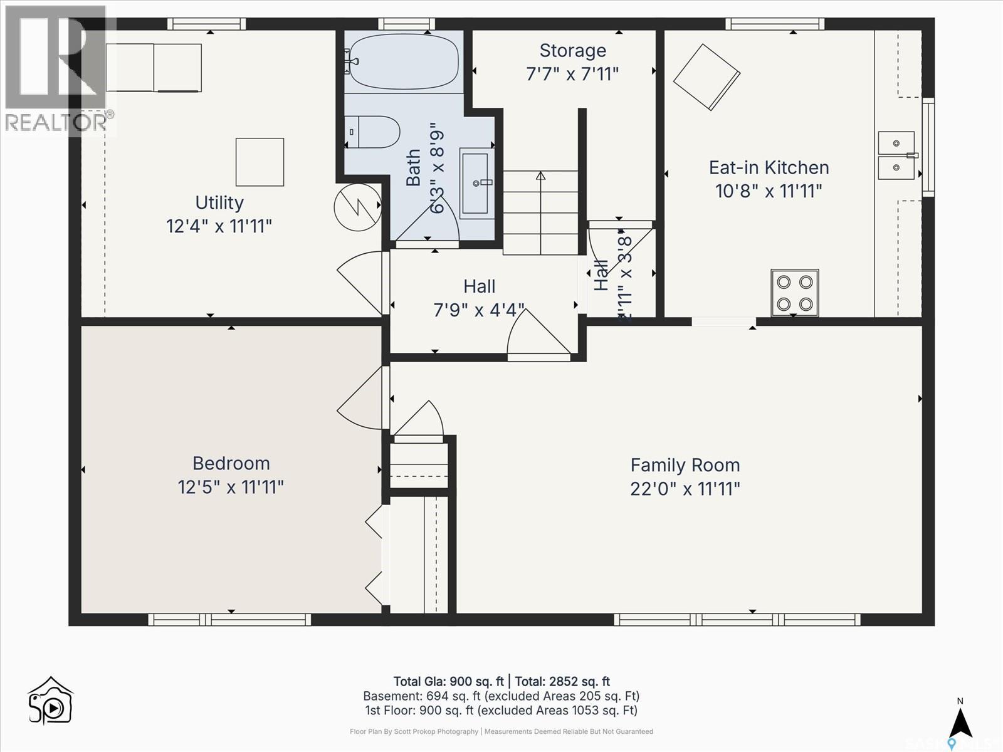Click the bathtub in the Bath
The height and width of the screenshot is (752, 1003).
pos(404,62)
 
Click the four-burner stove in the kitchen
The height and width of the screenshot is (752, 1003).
pos(794,293)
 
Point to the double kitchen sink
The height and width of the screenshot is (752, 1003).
pos(896,155)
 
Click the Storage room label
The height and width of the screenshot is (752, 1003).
pos(572,51)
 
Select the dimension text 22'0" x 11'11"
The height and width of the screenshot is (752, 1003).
pos(685,489)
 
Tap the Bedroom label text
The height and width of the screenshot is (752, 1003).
pos(231,464)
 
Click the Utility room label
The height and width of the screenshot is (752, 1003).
pos(219,203)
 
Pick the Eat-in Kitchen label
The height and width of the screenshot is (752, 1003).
pos(769,168)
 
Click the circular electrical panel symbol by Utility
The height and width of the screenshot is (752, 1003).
pos(357,207)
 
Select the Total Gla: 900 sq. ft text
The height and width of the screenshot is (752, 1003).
pos(448,682)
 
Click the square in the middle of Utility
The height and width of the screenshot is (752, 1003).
pos(260,162)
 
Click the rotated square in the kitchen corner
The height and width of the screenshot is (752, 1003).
pos(706,77)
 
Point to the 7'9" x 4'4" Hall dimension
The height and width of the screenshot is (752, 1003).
pos(479,310)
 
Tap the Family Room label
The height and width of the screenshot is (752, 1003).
pos(685,466)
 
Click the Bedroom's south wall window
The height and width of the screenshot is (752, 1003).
pos(229,619)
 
